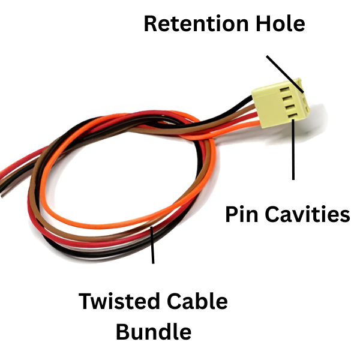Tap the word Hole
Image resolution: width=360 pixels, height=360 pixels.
pos(280,24)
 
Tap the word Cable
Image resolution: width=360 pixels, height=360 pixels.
pos(196,301)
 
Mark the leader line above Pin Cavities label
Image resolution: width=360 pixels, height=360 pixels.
pos(293,150)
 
